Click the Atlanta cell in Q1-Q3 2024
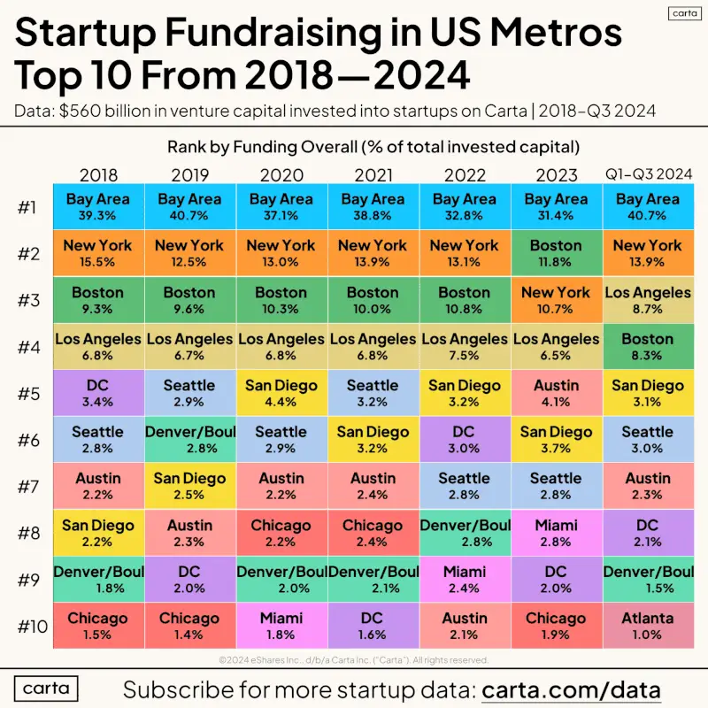648,626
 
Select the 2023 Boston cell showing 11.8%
557,253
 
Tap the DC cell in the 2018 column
98,393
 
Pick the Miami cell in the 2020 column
281,626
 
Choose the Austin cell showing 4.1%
557,393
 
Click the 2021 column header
373,174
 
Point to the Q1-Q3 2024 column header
649,173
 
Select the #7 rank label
29,487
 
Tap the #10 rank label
33,627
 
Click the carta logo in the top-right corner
684,13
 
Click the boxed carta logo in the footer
46,689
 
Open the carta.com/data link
571,690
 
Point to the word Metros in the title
557,33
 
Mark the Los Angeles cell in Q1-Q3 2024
648,300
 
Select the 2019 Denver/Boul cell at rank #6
190,439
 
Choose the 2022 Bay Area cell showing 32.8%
465,206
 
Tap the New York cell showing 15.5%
98,253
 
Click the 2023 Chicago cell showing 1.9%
557,626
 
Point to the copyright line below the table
353,660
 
